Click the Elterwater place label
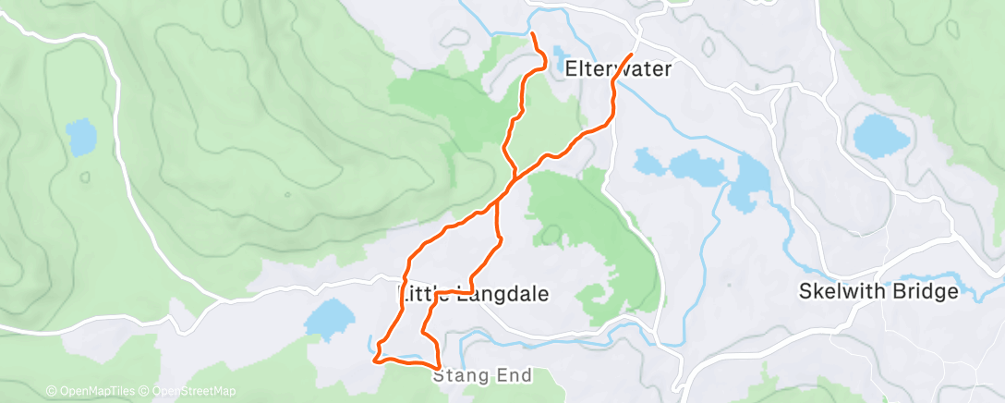[617, 69]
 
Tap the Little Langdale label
[473, 294]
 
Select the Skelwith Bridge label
[878, 292]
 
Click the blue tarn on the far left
[81, 138]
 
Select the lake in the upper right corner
[882, 136]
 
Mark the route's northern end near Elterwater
[533, 35]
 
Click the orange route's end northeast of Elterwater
[632, 55]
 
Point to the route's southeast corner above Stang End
[437, 367]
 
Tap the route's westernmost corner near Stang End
[374, 360]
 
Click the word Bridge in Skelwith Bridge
[924, 292]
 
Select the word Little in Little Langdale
[423, 294]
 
